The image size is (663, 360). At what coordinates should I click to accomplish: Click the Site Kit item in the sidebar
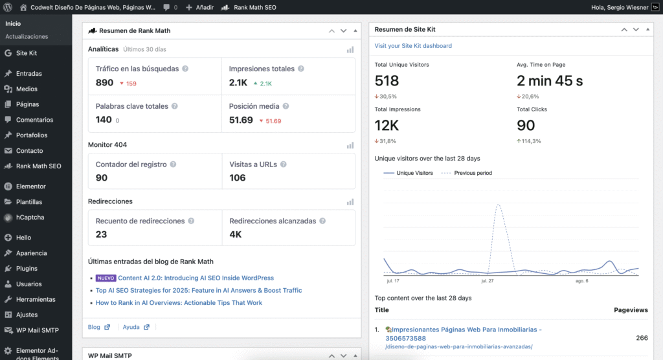coord(26,53)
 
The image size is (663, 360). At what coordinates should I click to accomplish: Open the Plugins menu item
coord(27,269)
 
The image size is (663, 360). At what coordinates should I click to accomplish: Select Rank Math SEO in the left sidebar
coord(38,166)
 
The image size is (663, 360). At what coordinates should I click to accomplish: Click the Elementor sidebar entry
coord(30,186)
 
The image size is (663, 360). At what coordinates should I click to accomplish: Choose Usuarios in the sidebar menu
coord(28,284)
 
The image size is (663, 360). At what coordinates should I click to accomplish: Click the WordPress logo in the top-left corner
coord(8,8)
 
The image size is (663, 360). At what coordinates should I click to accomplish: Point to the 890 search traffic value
coord(104,83)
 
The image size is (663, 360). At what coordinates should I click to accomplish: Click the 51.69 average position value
coord(241,120)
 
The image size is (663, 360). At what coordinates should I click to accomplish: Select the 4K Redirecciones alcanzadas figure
coord(235,234)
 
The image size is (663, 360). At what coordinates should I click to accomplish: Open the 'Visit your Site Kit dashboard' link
coord(413,46)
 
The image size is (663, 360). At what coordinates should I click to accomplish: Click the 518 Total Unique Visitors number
coord(387,81)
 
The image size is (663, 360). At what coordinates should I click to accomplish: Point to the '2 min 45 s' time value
coord(550,81)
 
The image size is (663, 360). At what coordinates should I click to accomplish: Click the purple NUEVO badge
coord(105,278)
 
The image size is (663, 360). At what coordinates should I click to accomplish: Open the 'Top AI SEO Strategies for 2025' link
coord(199,291)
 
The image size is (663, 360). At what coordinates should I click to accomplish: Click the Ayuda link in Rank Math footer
coord(131,327)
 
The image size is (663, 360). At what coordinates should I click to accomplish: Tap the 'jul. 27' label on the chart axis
coord(488,281)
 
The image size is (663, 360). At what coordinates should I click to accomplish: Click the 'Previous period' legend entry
coord(473,173)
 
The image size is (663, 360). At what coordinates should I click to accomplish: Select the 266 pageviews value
coord(641,338)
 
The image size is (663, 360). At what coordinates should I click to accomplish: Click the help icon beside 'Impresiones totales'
coord(300,69)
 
